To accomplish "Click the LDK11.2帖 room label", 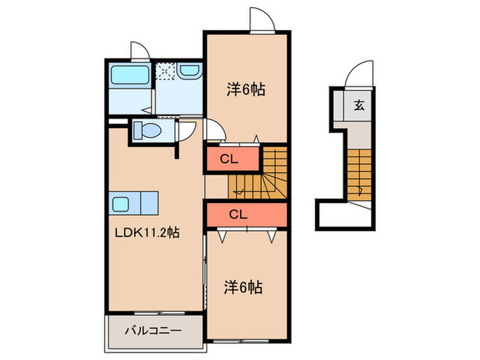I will pyautogui.click(x=147, y=232).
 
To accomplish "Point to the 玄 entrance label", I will pyautogui.click(x=359, y=106).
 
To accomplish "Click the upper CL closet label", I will pyautogui.click(x=228, y=159).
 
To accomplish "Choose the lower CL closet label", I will pyautogui.click(x=238, y=215).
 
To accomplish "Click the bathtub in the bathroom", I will pyautogui.click(x=129, y=74).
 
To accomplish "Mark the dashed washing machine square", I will pyautogui.click(x=165, y=71).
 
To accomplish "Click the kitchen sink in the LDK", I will pyautogui.click(x=122, y=204).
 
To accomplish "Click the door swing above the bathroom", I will pyautogui.click(x=140, y=52).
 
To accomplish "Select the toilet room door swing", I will pyautogui.click(x=185, y=130).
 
